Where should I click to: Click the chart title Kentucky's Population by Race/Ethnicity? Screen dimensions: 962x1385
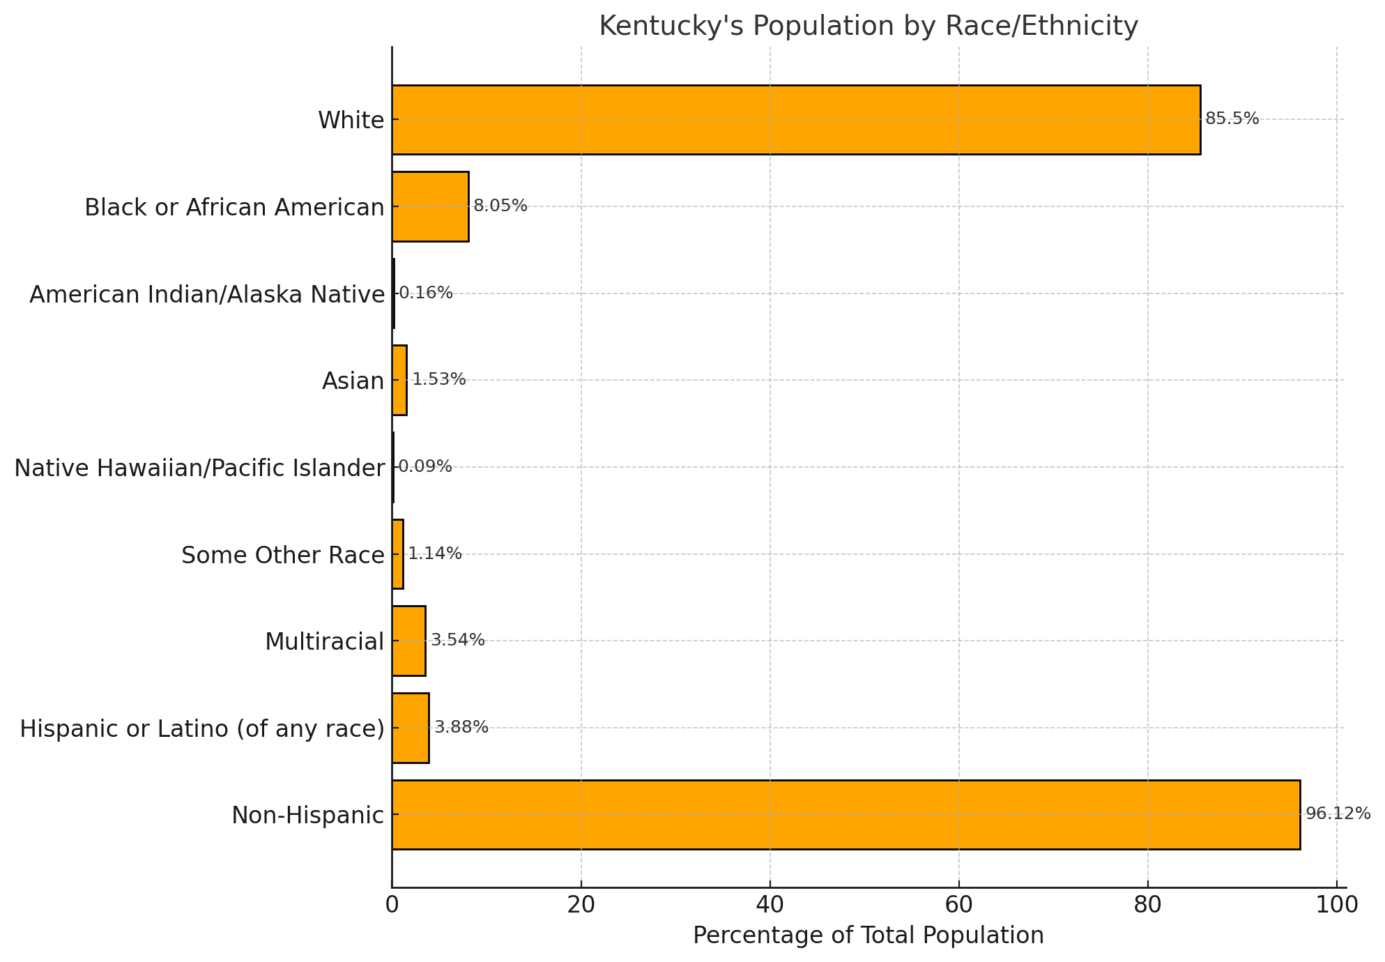(868, 26)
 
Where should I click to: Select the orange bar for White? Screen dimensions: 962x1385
(795, 120)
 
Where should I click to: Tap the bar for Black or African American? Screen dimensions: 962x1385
(430, 206)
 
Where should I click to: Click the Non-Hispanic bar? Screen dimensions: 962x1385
(845, 814)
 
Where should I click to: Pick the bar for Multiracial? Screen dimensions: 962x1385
(408, 641)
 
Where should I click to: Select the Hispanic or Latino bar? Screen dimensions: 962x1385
(411, 728)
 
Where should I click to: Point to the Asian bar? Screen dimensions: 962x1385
(399, 380)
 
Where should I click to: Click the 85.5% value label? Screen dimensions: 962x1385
(1232, 119)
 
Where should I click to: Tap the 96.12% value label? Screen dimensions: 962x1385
(1337, 814)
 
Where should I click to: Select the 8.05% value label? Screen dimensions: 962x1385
(500, 206)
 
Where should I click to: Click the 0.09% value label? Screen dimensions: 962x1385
(424, 467)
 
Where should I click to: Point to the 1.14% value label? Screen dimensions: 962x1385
(435, 554)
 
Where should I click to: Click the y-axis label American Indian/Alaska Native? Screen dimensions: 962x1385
(207, 295)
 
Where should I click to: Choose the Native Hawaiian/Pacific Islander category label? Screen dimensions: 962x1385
(199, 468)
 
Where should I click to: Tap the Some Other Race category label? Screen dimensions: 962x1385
(282, 556)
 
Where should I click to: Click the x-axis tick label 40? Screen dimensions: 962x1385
(770, 905)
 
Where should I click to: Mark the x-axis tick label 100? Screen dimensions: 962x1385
(1336, 905)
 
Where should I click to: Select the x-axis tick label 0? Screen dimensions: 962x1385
(392, 905)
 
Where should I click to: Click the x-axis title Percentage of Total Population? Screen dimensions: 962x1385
(868, 936)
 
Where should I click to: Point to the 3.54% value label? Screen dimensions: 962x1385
(457, 641)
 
